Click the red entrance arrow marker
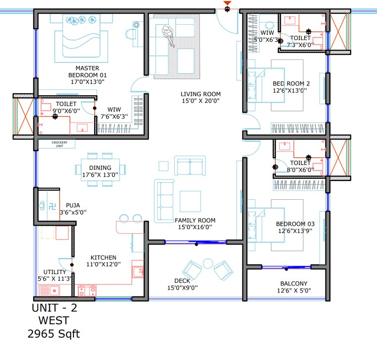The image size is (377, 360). coord(227,5)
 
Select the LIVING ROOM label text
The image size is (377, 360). coord(200,94)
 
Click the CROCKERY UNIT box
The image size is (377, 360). coord(57,144)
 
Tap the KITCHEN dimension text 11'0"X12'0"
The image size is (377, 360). coord(103,265)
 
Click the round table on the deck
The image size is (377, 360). coord(208,263)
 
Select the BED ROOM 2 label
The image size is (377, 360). coord(291,83)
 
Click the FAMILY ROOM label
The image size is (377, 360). coord(195,220)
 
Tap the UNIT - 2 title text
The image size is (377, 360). coord(54,308)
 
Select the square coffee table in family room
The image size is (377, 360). coord(190,201)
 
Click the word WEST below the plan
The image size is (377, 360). coord(54,321)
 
